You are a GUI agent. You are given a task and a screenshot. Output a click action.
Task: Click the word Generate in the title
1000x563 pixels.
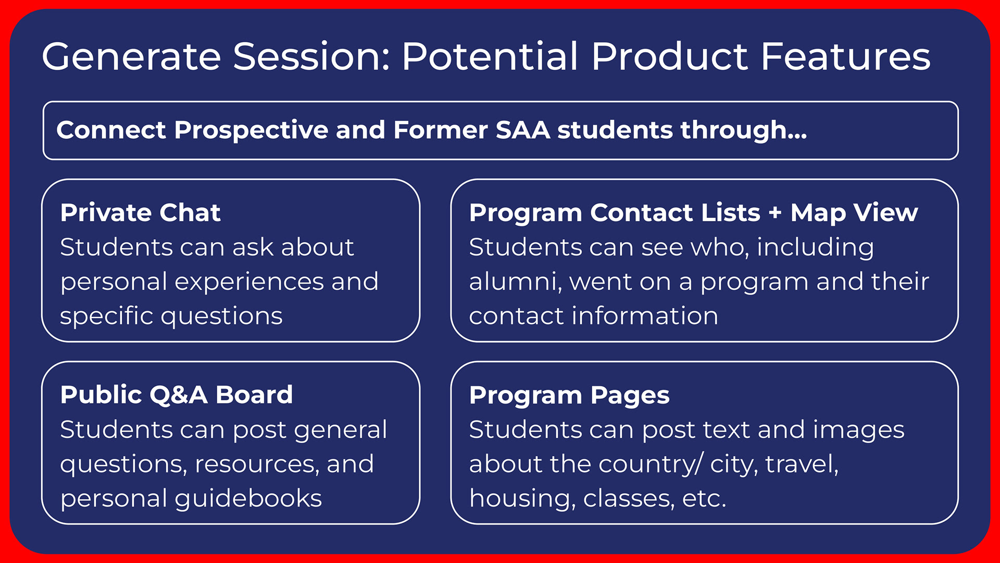[x=132, y=56]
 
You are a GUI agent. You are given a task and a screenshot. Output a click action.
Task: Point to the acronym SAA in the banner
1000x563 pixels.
[x=523, y=130]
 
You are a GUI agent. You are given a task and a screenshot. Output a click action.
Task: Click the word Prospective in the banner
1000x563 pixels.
[x=252, y=130]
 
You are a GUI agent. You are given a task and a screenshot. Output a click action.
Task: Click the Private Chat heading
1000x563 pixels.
[x=141, y=213]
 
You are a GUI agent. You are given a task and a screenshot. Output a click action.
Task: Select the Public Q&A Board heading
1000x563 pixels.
[x=177, y=395]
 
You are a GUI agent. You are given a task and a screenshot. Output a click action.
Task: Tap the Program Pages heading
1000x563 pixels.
[x=569, y=396]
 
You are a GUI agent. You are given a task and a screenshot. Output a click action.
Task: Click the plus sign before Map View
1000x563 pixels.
[x=776, y=213]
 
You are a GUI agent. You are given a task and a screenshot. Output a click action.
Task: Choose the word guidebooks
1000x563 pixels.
[x=248, y=498]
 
